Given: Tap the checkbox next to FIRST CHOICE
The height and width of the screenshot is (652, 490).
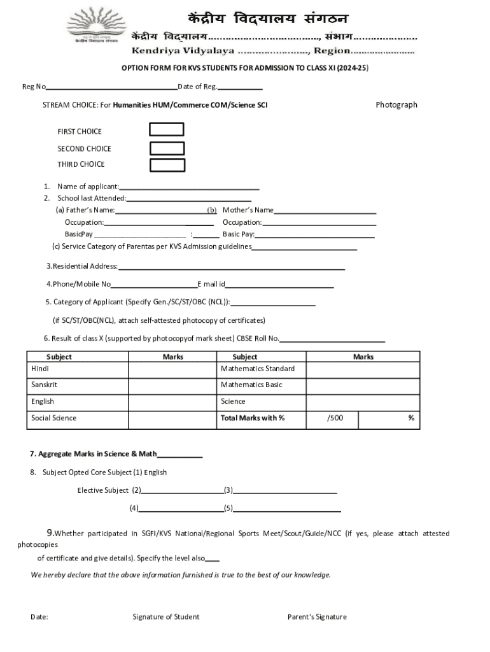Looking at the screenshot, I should [166, 130].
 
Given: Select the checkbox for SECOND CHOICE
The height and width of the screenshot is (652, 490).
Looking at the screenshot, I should [167, 148].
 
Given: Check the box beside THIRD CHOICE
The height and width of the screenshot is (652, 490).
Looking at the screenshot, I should [167, 165].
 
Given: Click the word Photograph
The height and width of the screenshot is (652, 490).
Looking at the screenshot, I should [396, 104].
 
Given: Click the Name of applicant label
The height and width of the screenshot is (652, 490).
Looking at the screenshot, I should [88, 187].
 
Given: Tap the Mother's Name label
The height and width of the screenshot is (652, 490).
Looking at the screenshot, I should [248, 210].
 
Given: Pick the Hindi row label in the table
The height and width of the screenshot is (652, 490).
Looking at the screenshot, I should [40, 369].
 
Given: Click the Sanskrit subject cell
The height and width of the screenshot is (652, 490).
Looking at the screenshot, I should [44, 385].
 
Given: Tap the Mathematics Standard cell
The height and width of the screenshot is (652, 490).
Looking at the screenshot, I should [257, 369].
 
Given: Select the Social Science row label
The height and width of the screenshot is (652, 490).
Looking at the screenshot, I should [53, 418].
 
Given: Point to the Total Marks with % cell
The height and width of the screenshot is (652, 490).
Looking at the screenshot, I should [252, 418].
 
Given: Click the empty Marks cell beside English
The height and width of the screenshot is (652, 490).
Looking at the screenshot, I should [172, 402].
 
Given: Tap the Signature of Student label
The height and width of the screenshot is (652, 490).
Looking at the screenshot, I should [165, 616].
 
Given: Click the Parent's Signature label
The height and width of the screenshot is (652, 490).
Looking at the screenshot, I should [317, 616].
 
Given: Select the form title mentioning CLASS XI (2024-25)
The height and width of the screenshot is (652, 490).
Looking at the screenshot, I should [245, 67].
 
